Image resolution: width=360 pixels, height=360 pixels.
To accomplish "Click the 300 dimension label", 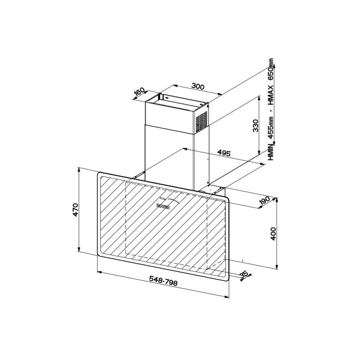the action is [x=198, y=86].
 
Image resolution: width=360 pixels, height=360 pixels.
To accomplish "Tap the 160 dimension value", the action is [x=139, y=91].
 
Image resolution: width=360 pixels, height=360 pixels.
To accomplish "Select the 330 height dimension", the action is [x=255, y=126].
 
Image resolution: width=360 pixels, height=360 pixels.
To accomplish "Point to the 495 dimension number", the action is [x=224, y=153].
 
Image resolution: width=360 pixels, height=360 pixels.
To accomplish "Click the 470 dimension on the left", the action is [x=76, y=210].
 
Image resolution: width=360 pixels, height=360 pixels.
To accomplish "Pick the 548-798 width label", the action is [x=163, y=280].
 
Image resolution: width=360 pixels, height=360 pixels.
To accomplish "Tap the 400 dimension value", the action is [x=273, y=234].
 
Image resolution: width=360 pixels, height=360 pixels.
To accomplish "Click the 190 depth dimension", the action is [x=265, y=201].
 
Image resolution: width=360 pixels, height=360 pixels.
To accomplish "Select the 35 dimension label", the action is [x=244, y=274].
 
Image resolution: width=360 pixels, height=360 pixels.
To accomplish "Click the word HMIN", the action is [x=271, y=152].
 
